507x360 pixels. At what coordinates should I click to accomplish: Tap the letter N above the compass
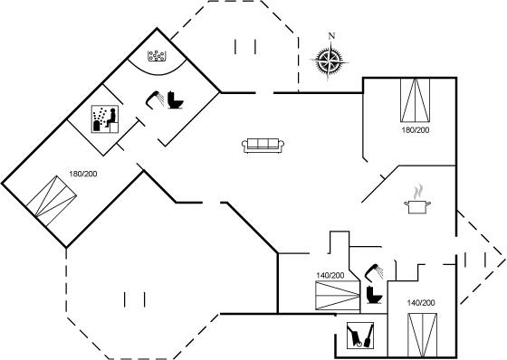click(x=331, y=36)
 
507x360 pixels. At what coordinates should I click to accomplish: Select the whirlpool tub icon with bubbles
click(x=157, y=55)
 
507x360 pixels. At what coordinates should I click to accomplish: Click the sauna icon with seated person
click(x=105, y=118)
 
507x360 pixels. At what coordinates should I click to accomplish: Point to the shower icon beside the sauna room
click(x=154, y=99)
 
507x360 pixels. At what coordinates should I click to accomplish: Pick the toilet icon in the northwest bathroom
click(x=176, y=99)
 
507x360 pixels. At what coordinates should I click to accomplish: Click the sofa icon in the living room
click(x=263, y=146)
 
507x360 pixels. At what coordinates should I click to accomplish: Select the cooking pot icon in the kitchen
click(x=417, y=206)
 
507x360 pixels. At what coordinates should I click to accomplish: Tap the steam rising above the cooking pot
click(x=418, y=191)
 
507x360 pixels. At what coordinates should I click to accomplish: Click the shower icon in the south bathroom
click(x=374, y=271)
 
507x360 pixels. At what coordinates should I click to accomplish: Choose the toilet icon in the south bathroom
click(x=374, y=295)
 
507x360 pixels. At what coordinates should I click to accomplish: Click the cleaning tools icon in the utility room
click(x=360, y=336)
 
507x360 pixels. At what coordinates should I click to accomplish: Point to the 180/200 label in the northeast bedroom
click(x=416, y=130)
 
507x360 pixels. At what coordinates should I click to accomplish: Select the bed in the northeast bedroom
click(x=416, y=99)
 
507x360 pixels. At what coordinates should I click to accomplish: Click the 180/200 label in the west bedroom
click(x=83, y=174)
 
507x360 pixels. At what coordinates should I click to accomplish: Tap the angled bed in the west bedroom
click(x=52, y=201)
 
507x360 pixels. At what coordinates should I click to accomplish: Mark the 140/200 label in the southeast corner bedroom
click(x=421, y=303)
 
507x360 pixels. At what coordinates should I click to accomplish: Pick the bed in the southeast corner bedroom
click(x=422, y=335)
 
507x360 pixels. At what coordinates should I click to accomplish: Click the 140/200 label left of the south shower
click(x=330, y=275)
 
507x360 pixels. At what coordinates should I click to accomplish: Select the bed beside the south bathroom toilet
click(x=338, y=296)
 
